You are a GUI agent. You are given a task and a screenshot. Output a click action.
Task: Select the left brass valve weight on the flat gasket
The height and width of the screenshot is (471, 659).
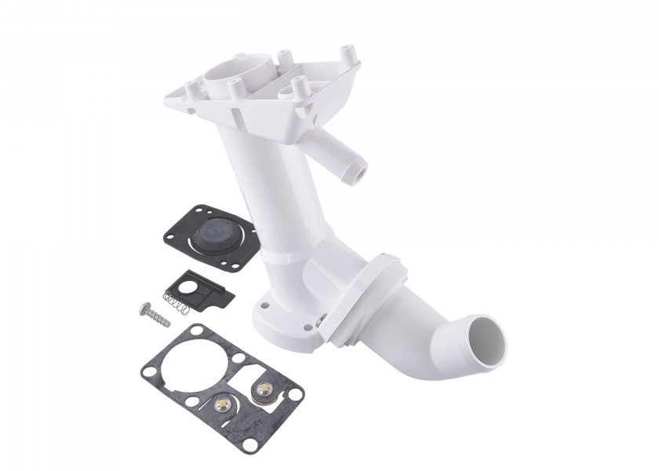[223, 405]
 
